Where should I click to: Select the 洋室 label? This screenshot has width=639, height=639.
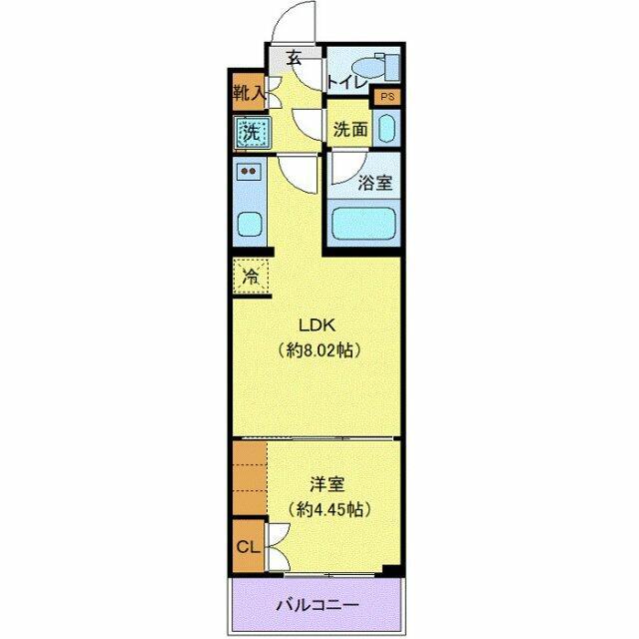[x=326, y=485]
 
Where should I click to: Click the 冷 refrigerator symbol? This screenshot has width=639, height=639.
[x=252, y=277]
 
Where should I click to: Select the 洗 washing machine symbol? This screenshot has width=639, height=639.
[x=250, y=131]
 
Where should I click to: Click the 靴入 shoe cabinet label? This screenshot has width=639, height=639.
[x=248, y=95]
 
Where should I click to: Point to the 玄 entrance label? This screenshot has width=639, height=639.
[x=295, y=59]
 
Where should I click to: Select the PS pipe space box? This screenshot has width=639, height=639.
[x=386, y=98]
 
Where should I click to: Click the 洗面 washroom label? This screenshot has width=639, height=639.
[x=349, y=130]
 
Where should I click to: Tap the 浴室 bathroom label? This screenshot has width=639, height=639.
[x=374, y=183]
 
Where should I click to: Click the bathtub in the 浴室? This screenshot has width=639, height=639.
[x=365, y=222]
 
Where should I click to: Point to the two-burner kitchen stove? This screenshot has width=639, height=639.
[x=250, y=172]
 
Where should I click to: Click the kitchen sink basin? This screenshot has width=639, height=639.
[x=250, y=224]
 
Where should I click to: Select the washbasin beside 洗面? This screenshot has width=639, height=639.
[x=387, y=129]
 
